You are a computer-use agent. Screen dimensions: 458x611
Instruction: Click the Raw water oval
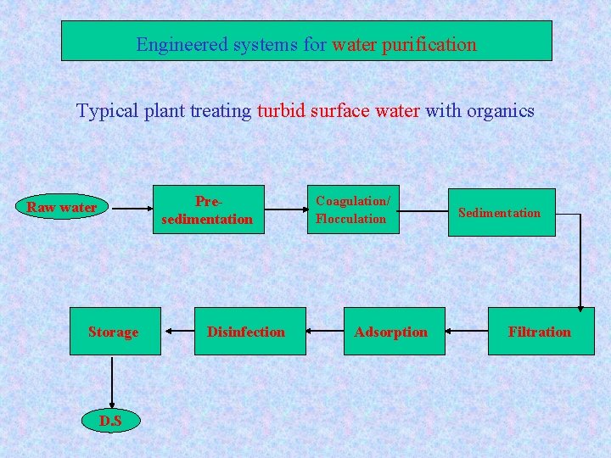pyautogui.click(x=61, y=207)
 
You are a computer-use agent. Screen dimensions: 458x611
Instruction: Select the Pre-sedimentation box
pyautogui.click(x=207, y=209)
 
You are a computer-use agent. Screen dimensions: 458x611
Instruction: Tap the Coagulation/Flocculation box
pyautogui.click(x=352, y=209)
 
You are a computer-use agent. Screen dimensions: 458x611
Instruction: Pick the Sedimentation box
pyautogui.click(x=499, y=212)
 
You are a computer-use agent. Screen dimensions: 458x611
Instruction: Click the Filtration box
pyautogui.click(x=539, y=332)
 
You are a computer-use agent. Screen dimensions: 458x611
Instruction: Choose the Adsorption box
pyautogui.click(x=390, y=332)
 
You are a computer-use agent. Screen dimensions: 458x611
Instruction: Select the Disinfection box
pyautogui.click(x=246, y=332)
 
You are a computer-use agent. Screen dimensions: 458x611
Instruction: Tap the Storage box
pyautogui.click(x=113, y=332)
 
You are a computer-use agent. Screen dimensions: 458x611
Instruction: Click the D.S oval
pyautogui.click(x=110, y=420)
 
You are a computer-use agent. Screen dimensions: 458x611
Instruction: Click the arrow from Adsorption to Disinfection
pyautogui.click(x=326, y=331)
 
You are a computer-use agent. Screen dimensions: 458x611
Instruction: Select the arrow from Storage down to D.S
pyautogui.click(x=111, y=382)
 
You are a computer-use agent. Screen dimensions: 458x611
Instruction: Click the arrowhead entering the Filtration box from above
pyautogui.click(x=580, y=306)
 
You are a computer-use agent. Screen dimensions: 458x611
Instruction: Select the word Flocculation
pyautogui.click(x=350, y=219)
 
